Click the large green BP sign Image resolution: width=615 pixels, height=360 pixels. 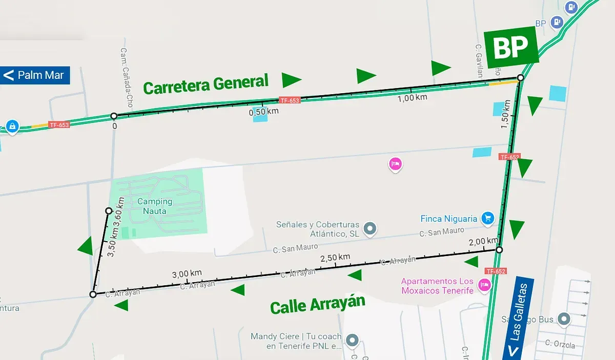click(x=510, y=47)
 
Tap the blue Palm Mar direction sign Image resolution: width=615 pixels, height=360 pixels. click(x=35, y=75)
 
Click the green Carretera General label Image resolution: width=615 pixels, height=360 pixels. click(x=206, y=84)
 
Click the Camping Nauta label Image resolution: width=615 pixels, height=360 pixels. click(x=154, y=205)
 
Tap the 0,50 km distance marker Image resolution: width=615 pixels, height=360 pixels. click(x=263, y=112)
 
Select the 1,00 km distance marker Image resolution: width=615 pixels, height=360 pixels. click(x=412, y=98)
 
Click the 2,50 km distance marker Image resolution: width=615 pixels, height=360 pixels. click(x=335, y=257)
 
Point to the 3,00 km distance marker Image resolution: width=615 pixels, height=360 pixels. click(x=187, y=273)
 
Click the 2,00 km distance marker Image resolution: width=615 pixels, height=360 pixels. click(x=483, y=241)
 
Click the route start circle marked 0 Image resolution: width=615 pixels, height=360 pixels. click(x=114, y=116)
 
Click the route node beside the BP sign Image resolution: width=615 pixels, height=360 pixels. click(x=520, y=78)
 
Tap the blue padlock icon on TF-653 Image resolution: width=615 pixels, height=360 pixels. click(x=12, y=126)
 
